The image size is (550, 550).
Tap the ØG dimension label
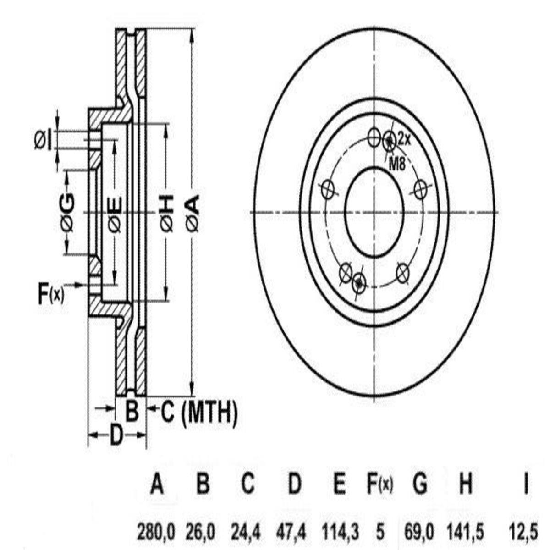click(x=68, y=213)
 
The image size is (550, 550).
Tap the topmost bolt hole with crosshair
click(x=374, y=137)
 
